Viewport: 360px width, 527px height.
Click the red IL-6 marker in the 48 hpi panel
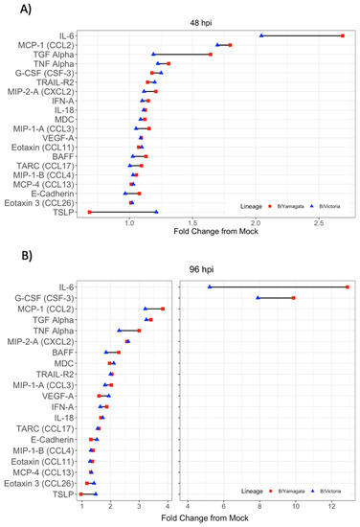pos(342,35)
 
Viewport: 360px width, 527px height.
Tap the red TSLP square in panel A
pos(89,212)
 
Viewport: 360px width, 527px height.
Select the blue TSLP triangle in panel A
pos(156,212)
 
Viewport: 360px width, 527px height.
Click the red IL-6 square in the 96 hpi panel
pos(348,287)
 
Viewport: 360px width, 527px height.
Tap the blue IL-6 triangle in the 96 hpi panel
pos(210,287)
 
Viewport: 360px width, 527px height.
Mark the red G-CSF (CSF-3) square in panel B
pos(294,298)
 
